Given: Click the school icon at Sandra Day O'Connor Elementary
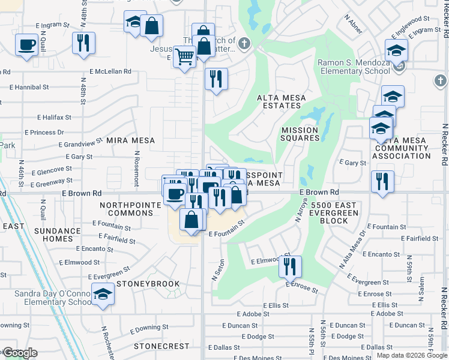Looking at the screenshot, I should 103,294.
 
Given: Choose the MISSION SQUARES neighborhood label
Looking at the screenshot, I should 300,134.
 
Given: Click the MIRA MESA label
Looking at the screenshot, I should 130,140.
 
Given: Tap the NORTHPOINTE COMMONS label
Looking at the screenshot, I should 130,209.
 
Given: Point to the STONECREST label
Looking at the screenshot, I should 157,346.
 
